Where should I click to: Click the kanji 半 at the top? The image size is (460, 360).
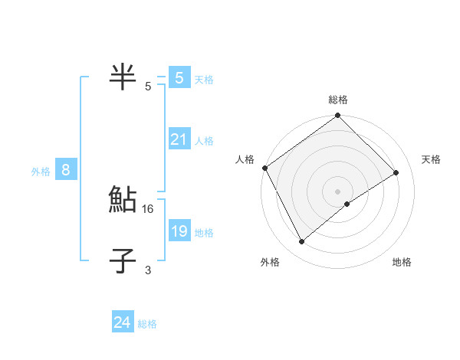tap(123, 77)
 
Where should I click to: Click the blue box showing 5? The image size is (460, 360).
tap(179, 77)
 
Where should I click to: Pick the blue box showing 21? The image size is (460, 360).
tap(179, 139)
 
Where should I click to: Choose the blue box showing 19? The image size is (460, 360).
tap(179, 231)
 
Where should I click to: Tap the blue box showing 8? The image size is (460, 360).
tap(66, 170)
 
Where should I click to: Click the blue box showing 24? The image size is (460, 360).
tap(122, 322)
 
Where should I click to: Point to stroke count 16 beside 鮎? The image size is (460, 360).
tap(149, 208)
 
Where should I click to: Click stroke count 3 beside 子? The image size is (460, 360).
tap(148, 270)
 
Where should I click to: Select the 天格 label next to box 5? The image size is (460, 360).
tap(203, 79)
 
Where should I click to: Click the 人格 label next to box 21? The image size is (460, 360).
tap(203, 141)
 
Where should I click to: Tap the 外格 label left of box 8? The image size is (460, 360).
tap(41, 172)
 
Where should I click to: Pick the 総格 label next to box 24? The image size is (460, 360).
tap(147, 324)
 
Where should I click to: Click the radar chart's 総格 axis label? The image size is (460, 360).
tap(338, 100)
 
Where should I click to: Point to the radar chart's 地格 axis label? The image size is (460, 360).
tap(402, 262)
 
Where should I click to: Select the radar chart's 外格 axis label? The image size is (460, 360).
tap(270, 262)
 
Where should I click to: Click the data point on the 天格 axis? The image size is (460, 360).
tap(396, 172)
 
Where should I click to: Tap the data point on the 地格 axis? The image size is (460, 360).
tap(347, 204)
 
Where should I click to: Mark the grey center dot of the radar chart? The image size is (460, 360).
tap(337, 191)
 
